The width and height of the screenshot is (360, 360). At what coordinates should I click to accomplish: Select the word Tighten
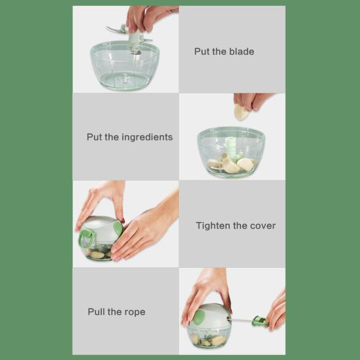(x=214, y=225)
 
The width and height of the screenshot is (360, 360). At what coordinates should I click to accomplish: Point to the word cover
(x=263, y=225)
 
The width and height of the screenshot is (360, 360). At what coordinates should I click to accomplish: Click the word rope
(x=133, y=312)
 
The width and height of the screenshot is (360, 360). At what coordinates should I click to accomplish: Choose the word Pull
(x=97, y=312)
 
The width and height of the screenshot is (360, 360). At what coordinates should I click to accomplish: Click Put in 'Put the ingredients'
(x=95, y=137)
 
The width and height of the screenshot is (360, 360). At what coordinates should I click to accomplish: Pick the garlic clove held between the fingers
(x=241, y=112)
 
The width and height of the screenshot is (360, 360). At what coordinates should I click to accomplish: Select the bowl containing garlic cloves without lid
(x=231, y=154)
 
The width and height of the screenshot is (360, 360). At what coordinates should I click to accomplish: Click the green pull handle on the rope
(x=259, y=321)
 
